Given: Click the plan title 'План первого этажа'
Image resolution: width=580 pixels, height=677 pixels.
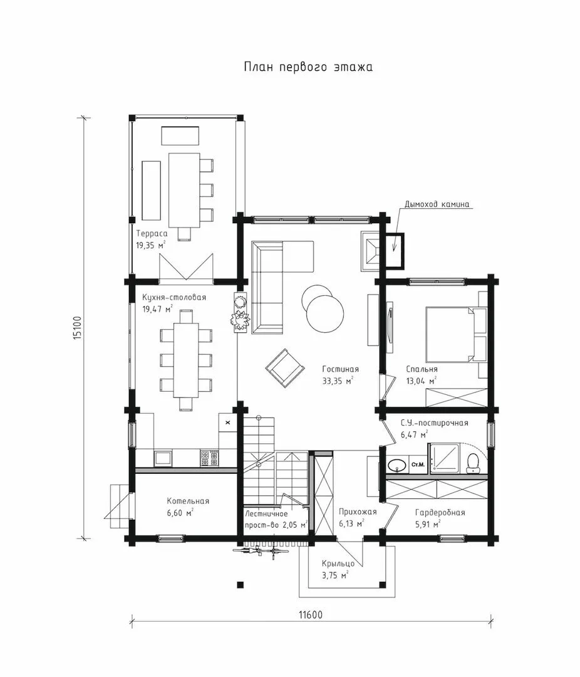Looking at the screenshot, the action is click(308, 67).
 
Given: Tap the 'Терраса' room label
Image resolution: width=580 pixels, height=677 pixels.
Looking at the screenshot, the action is click(152, 234).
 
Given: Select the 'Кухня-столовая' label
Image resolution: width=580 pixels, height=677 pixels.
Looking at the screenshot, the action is click(174, 298).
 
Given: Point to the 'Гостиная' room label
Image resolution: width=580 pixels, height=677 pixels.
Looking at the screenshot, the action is click(341, 369).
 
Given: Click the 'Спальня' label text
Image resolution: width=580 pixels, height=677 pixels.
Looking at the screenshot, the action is click(422, 369).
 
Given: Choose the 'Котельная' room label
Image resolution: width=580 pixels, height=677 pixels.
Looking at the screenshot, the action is click(188, 501).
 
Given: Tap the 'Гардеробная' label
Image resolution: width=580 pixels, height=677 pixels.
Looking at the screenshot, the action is click(440, 513).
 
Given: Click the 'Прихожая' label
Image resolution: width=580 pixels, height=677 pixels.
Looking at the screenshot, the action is click(357, 512).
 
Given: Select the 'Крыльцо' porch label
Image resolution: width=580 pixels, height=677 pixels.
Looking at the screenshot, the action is click(338, 564).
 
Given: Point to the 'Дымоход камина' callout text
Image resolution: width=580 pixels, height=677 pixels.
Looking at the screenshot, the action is click(437, 204).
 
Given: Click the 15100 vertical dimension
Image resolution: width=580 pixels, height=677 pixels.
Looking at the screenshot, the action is click(77, 328).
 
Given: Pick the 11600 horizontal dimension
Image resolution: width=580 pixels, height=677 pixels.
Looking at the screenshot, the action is click(310, 614).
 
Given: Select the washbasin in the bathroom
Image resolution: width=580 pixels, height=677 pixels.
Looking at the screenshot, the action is click(396, 465).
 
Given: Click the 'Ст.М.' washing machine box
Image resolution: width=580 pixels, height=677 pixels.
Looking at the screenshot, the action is click(418, 464).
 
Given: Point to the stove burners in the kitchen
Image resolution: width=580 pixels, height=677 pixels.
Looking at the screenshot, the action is click(210, 458).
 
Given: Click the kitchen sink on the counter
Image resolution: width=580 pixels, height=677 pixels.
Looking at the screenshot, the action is click(163, 458).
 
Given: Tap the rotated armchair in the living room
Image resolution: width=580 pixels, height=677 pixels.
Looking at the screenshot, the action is click(285, 369).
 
